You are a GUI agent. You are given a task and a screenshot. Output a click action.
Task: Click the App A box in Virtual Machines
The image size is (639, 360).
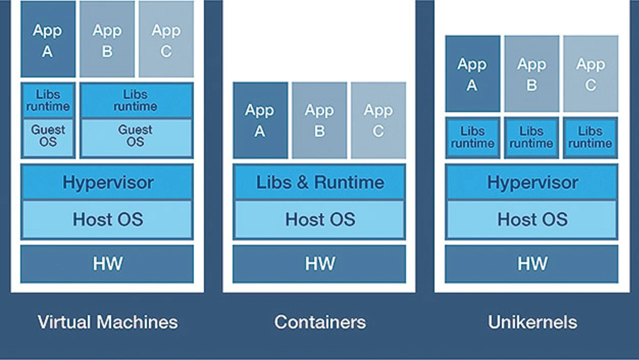tap(48, 39)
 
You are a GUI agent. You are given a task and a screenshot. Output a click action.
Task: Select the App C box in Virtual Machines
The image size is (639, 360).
tap(166, 39)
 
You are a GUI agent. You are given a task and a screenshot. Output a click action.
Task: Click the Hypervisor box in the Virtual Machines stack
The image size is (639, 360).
tap(107, 182)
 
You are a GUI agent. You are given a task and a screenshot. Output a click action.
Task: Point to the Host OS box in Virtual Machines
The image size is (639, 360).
tap(107, 219)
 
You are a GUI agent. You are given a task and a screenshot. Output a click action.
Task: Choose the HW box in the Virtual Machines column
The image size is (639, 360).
tap(107, 264)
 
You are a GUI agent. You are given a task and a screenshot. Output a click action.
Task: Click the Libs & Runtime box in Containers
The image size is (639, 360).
tap(319, 182)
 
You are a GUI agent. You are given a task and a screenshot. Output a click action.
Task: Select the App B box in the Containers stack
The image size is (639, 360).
tap(319, 120)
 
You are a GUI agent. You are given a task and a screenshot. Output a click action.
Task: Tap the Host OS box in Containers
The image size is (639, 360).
tap(319, 219)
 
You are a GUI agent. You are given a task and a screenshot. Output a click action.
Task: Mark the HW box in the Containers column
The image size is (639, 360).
tap(319, 264)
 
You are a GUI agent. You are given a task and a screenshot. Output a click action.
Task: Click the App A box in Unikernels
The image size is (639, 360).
tap(472, 74)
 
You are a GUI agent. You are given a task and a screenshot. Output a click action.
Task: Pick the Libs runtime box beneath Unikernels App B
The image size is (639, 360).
tap(531, 138)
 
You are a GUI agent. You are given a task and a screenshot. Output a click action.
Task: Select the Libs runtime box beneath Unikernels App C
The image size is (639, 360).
tap(590, 138)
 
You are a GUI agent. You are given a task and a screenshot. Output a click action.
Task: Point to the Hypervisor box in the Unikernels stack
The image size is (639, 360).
tap(532, 182)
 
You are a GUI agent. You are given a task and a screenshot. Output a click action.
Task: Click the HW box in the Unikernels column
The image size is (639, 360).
tap(532, 264)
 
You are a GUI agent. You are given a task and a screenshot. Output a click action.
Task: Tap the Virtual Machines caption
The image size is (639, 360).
tap(107, 322)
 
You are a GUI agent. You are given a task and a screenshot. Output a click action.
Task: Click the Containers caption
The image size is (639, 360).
tap(319, 322)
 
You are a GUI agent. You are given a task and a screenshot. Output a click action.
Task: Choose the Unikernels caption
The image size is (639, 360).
tap(532, 322)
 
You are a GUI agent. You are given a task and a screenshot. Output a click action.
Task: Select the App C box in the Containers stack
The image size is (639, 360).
tap(378, 120)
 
